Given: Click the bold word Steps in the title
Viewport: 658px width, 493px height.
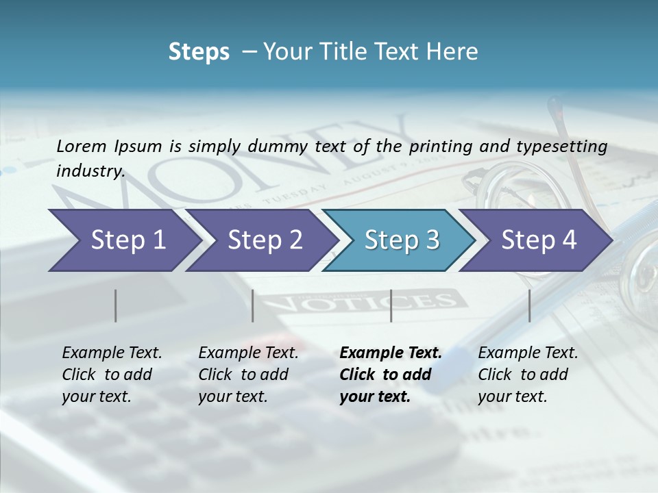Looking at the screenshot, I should coord(199,51).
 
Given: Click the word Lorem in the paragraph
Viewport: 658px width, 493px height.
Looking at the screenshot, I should coord(82,146).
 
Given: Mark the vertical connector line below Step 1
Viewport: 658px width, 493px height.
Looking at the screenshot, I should coord(115,305).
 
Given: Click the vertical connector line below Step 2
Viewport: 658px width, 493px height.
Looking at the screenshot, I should coord(253,305).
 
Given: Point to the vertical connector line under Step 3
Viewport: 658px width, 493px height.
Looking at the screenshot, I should coord(391,305).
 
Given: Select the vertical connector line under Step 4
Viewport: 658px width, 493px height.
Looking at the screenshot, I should coord(529,305).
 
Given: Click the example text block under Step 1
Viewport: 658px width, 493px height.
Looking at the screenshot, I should coord(111,375).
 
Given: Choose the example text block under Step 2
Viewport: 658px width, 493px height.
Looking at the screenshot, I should coord(247,375).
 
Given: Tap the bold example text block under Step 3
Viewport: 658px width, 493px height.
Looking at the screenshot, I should coord(390,375).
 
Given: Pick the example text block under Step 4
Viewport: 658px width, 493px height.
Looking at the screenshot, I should coord(527,375).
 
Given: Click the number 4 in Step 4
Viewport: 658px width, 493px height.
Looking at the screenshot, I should coord(568,240).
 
